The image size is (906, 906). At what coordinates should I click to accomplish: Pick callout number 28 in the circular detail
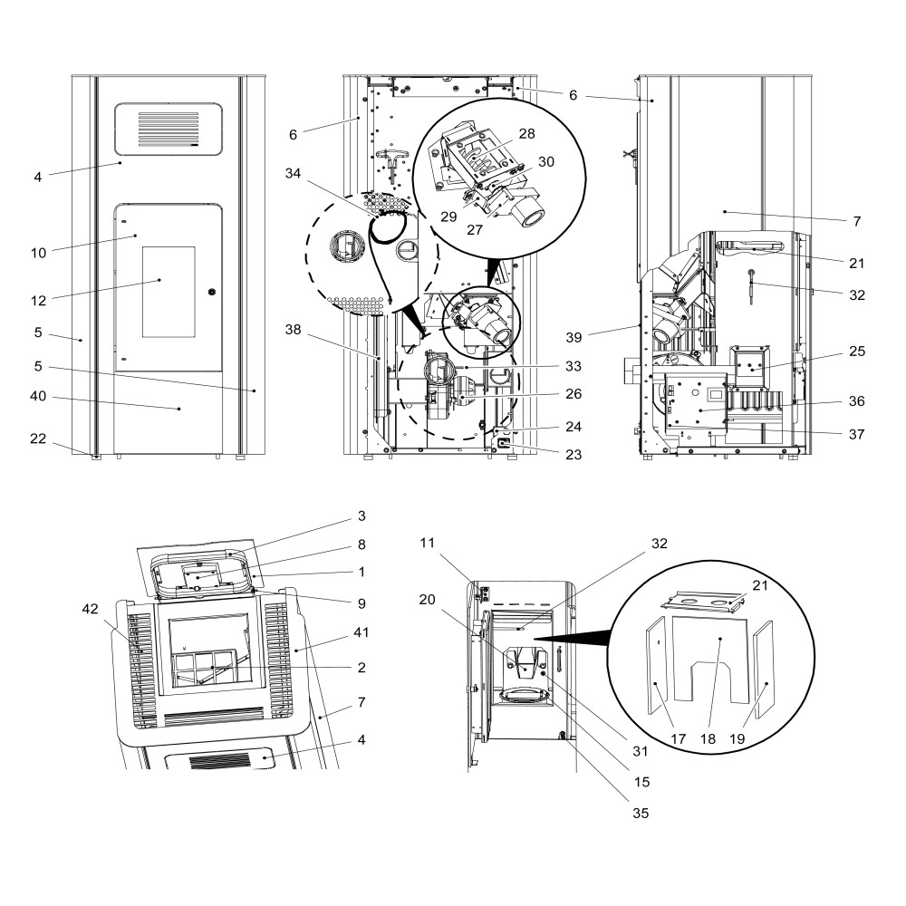(526, 132)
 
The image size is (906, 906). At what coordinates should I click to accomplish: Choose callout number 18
(708, 739)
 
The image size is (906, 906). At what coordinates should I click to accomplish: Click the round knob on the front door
(211, 293)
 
